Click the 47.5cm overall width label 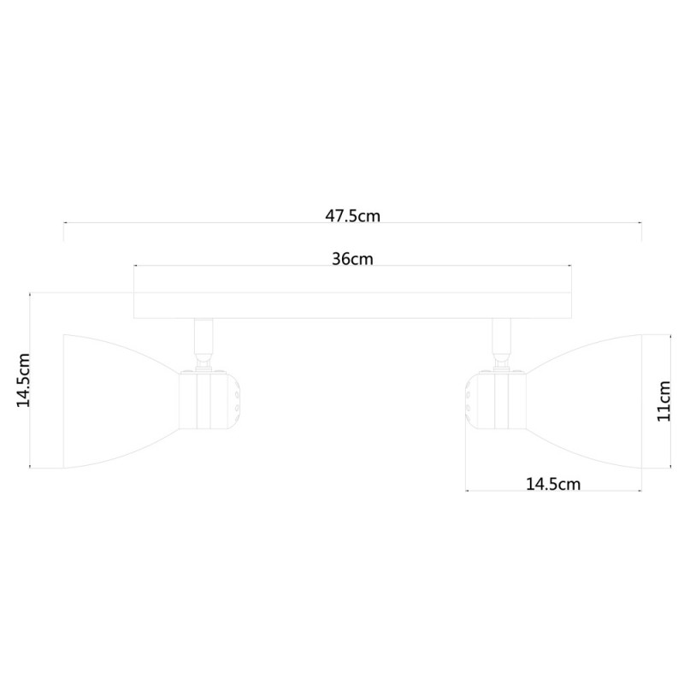click(352, 216)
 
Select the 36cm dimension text click(352, 259)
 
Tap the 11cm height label click(663, 402)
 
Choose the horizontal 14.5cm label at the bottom click(553, 484)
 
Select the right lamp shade click(586, 400)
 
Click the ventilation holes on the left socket click(234, 398)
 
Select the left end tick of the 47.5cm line click(63, 229)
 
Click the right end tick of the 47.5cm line click(641, 229)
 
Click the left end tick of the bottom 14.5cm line click(465, 491)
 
